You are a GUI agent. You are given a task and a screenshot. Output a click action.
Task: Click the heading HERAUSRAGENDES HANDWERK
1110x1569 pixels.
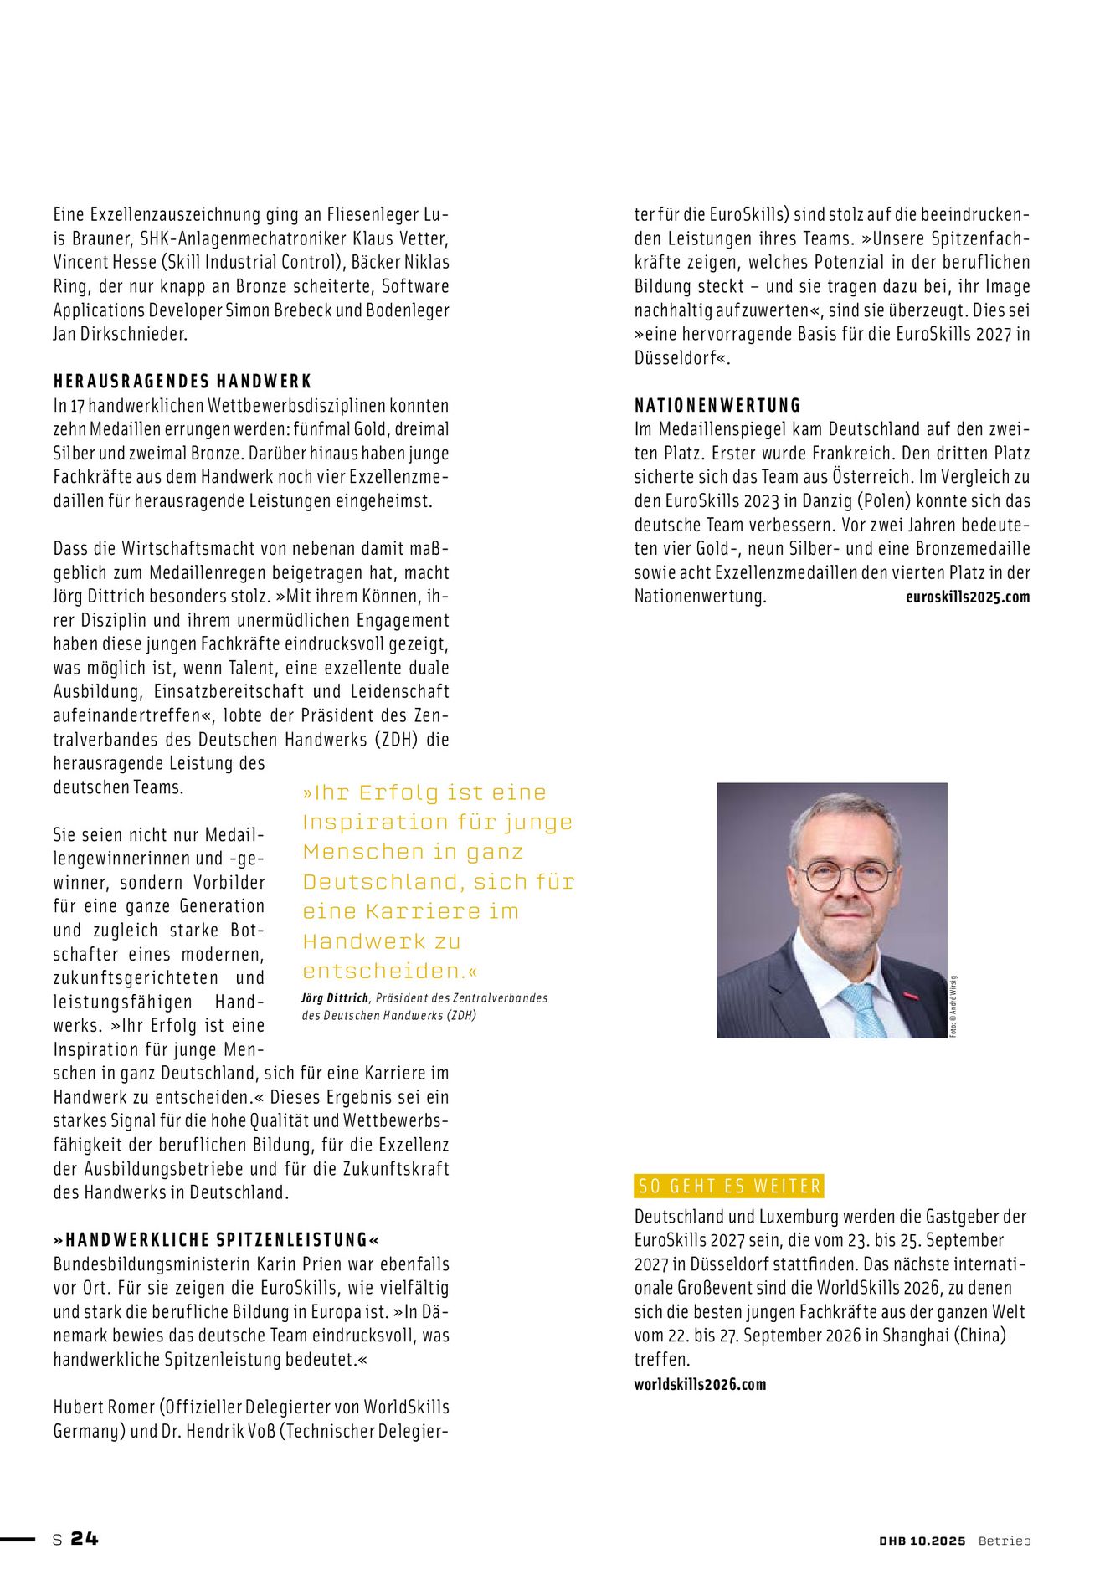tap(182, 382)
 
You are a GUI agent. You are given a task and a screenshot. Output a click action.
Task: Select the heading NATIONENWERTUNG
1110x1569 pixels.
tap(717, 406)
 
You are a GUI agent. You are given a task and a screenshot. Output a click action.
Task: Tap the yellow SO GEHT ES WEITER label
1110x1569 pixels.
tap(728, 1186)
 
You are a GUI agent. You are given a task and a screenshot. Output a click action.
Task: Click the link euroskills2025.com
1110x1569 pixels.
tap(967, 597)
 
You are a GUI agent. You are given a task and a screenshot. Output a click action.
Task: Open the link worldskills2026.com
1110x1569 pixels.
tap(700, 1384)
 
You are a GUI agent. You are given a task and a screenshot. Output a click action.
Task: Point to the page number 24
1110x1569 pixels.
tap(85, 1538)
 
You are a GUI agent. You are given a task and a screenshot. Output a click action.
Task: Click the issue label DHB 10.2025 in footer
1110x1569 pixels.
tap(922, 1541)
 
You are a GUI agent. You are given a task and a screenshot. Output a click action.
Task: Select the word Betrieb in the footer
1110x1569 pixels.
tap(1005, 1541)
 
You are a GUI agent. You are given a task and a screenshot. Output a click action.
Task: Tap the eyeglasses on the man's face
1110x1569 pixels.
tap(847, 876)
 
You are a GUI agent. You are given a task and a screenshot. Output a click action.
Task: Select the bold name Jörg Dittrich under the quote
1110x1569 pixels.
tap(335, 998)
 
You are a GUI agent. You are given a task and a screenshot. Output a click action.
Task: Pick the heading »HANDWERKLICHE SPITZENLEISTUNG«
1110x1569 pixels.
tap(217, 1240)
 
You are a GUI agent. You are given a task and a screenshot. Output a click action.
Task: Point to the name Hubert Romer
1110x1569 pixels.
tap(102, 1407)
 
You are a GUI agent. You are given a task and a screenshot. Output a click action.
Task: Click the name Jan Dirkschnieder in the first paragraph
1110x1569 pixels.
tap(121, 334)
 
